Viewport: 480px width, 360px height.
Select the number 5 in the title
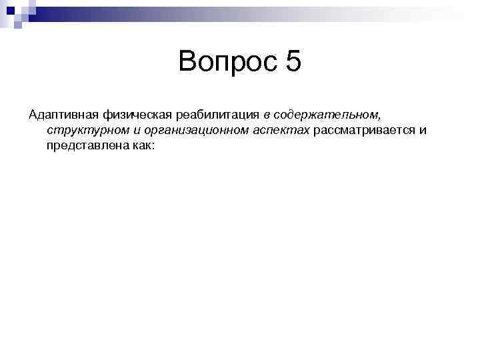(293, 63)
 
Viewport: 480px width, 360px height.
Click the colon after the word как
(152, 144)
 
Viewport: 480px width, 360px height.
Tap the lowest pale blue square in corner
(18, 26)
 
